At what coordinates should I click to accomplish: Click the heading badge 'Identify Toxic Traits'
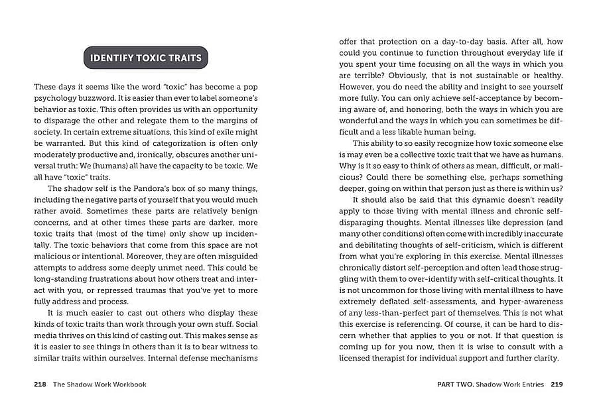click(x=145, y=58)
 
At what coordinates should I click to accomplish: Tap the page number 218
click(x=40, y=384)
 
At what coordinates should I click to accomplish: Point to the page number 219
click(x=557, y=384)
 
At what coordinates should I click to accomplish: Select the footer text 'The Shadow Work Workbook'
click(x=99, y=384)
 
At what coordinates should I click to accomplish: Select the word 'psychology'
click(x=56, y=98)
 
